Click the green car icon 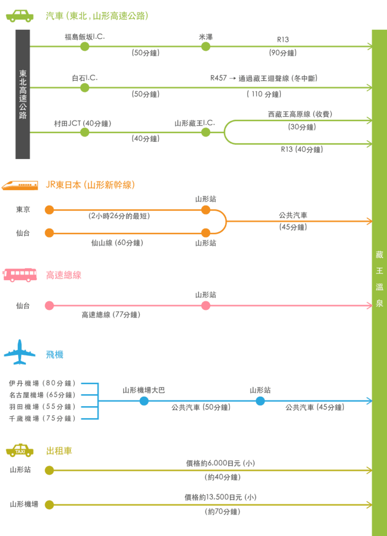coord(20,16)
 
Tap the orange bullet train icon coord(20,185)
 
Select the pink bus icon coord(20,275)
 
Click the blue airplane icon coord(19,352)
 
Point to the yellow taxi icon coord(20,451)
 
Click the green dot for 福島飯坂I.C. coord(85,47)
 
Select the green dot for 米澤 coord(206,47)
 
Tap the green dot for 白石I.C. coord(85,88)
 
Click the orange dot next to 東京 coord(50,210)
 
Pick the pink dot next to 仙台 coord(50,306)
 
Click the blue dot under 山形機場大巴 coord(144,401)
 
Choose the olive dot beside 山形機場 coord(50,505)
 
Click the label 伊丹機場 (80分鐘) coord(42,383)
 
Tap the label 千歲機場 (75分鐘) coord(42,418)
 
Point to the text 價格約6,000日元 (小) coord(221,463)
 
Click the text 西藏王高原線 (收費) coord(300,114)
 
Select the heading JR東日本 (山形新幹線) coord(90,185)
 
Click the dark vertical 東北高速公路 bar coord(22,94)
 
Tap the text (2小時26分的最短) coord(119,216)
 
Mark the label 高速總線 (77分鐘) coord(111,315)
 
